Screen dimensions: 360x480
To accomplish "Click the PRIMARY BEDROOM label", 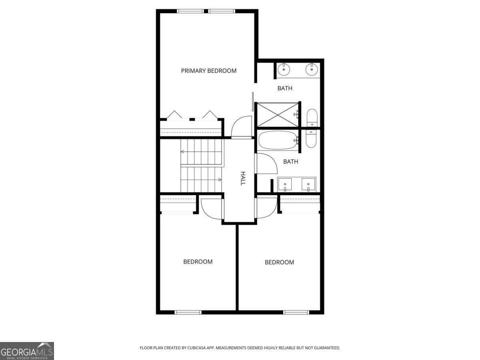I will tap(208, 71).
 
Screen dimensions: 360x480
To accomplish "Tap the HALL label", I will tap(242, 178).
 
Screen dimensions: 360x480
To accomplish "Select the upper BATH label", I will tap(285, 88).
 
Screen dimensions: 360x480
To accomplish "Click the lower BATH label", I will tap(290, 162).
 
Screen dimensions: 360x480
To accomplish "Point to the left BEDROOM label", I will tap(198, 262).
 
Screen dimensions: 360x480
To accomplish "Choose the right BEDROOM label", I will tap(279, 262).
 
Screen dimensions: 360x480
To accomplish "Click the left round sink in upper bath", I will tap(284, 70).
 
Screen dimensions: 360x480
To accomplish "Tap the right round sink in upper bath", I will tap(311, 70).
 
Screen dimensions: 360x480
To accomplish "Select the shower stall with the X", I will tap(277, 114).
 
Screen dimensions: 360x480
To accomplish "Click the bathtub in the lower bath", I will tap(278, 140).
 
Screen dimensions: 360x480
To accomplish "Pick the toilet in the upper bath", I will tap(312, 118).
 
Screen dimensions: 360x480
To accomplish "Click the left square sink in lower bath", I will tap(285, 185).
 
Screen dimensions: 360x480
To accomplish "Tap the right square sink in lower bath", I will tap(308, 185).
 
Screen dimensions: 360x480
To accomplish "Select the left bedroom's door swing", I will tap(211, 209).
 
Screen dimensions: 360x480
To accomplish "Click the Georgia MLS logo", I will tap(27, 350).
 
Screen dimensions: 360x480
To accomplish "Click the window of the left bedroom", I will tap(188, 312).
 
